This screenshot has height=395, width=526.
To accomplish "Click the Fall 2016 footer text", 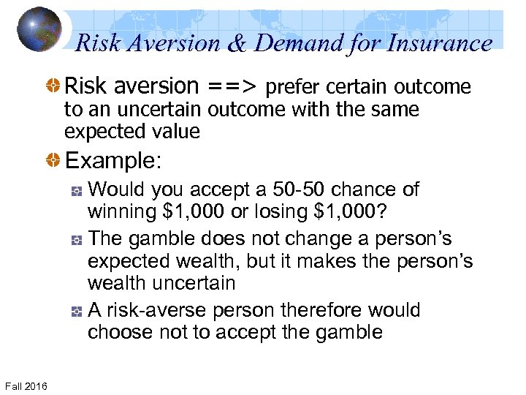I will [x=26, y=385].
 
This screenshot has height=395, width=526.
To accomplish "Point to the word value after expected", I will [x=173, y=132].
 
